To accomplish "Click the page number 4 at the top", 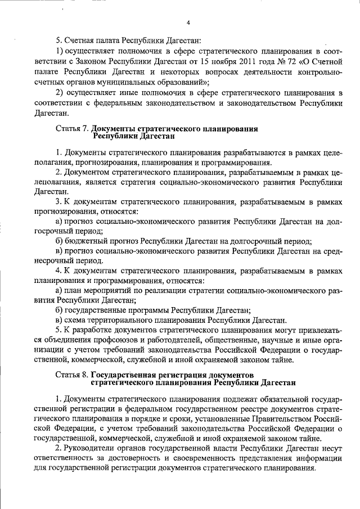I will (x=188, y=22).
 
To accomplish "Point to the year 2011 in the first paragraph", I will (x=253, y=62).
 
